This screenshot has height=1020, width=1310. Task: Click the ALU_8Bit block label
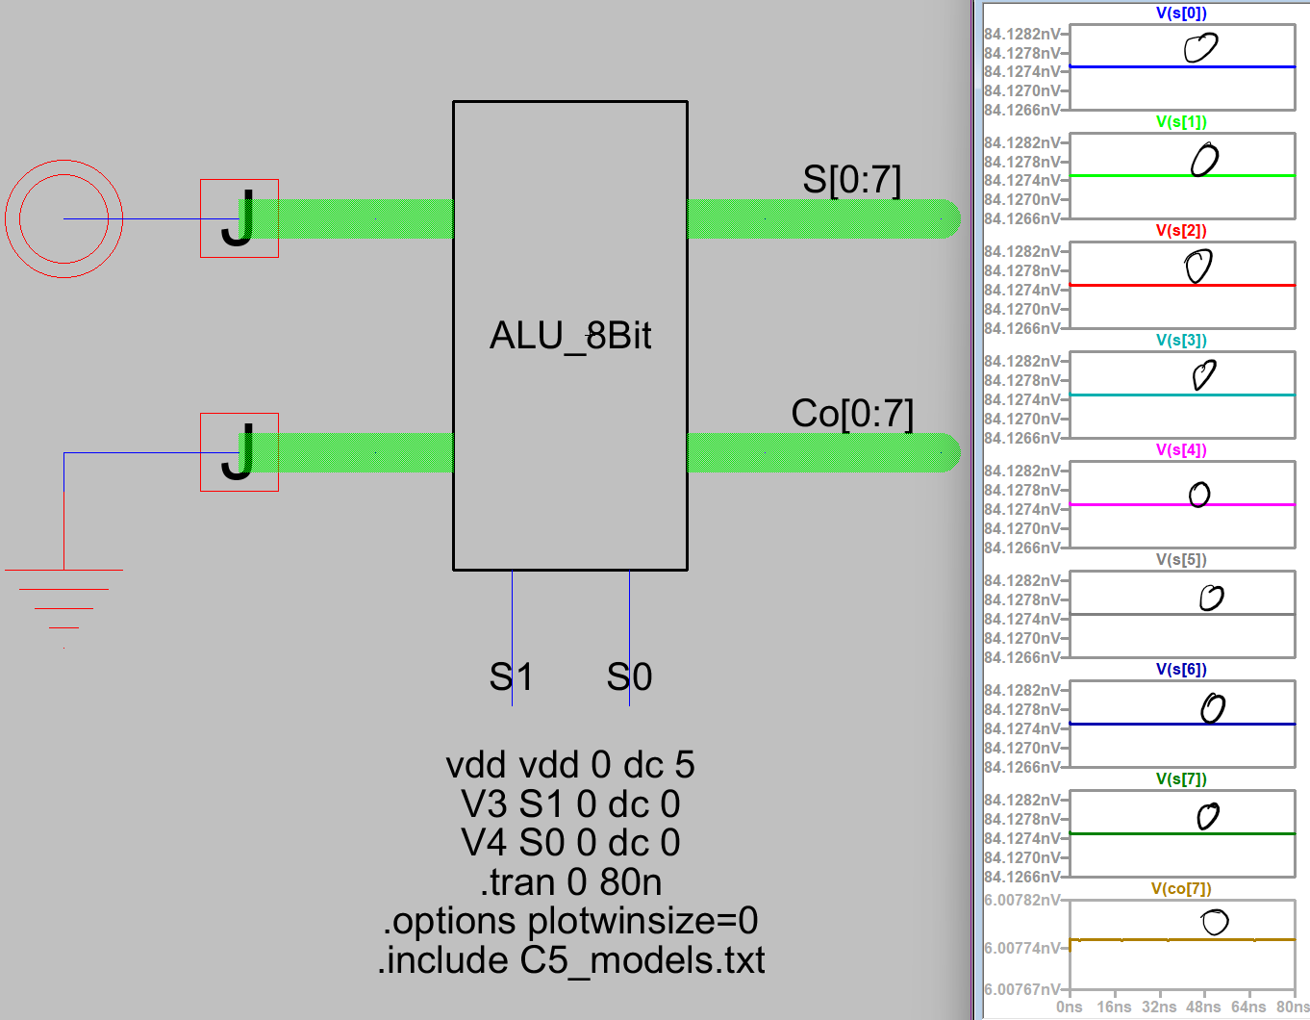point(570,336)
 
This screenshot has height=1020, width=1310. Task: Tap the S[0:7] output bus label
point(851,180)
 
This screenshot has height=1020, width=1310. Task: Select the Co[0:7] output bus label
point(851,414)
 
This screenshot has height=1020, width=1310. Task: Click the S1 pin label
point(511,677)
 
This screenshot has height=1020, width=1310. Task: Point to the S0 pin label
point(629,677)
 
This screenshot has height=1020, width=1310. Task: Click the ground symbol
point(63,597)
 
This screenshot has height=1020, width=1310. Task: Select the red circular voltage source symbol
point(63,218)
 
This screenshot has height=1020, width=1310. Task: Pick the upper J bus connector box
point(239,218)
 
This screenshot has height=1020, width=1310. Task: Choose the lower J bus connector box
point(239,452)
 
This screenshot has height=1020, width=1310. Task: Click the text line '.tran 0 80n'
point(570,882)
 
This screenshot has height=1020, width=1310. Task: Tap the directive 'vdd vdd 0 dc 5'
point(570,765)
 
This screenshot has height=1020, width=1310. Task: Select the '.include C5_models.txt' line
point(570,960)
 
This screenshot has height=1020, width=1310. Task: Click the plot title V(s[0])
point(1181,13)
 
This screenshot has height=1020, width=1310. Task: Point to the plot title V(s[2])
point(1181,231)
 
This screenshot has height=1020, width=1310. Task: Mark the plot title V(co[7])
point(1181,889)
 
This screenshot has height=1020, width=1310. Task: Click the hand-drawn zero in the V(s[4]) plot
point(1198,495)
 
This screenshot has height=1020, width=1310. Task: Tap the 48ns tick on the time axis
point(1203,1007)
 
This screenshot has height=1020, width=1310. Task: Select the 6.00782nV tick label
point(1021,900)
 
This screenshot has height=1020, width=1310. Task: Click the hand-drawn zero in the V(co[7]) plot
point(1215,922)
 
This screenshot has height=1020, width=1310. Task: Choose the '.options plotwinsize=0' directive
point(570,921)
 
